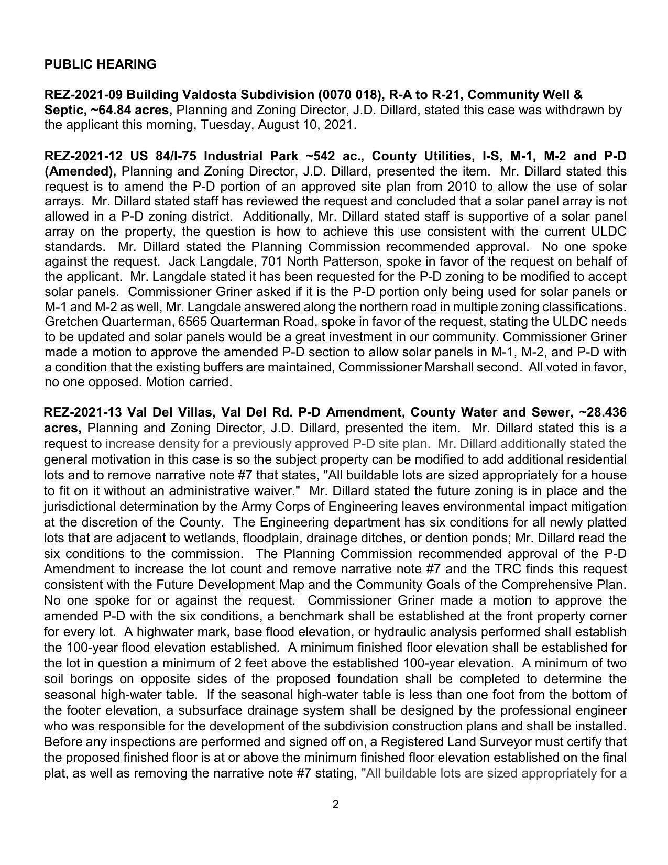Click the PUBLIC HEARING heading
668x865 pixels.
[x=100, y=64]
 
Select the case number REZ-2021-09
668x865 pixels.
[x=84, y=95]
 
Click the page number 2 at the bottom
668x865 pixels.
[x=335, y=804]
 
